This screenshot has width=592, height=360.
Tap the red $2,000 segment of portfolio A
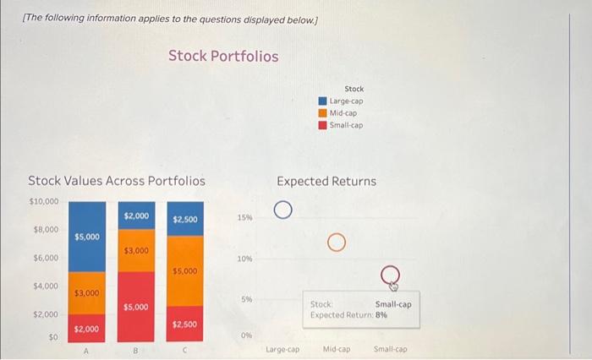pos(87,328)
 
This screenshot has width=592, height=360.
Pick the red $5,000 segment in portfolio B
pos(135,307)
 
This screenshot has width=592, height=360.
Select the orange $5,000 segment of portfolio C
pos(184,270)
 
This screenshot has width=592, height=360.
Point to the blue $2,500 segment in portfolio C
pos(184,219)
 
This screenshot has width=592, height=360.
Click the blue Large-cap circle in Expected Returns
pos(282,210)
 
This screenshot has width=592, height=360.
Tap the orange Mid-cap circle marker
pos(337,243)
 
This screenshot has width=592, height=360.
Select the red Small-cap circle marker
pos(391,272)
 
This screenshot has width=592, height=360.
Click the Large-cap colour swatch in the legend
pos(323,101)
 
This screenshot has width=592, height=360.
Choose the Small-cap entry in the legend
pos(346,125)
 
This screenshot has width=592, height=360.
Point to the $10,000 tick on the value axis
pos(44,201)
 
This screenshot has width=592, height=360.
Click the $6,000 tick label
pos(46,257)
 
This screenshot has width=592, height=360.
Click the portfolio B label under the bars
pos(135,347)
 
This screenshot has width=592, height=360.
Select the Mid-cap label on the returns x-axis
pos(337,348)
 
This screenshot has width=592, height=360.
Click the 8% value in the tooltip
pos(381,314)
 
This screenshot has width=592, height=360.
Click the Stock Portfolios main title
pos(222,56)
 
